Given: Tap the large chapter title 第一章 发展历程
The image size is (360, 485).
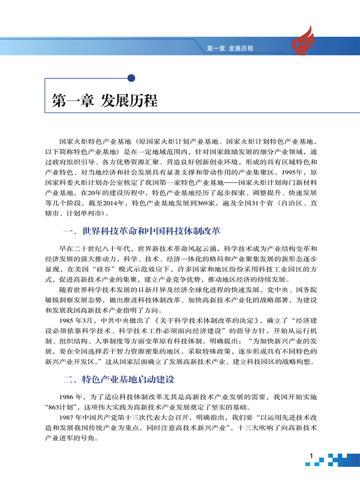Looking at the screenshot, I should click(105, 101).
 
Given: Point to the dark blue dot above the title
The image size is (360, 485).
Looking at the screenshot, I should click(131, 77).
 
